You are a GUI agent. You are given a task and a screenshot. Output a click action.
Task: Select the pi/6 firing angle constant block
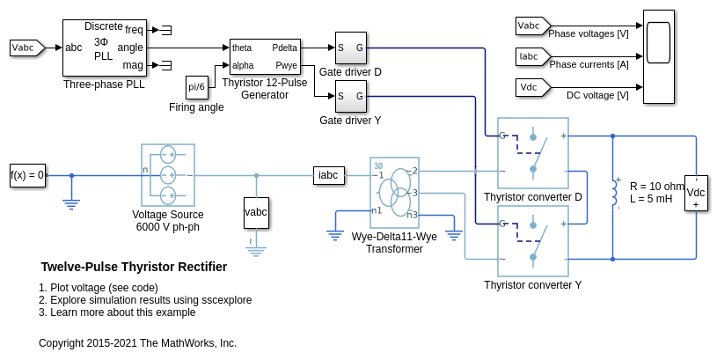[x=197, y=86]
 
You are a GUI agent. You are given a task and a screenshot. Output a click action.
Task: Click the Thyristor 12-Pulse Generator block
[x=265, y=57]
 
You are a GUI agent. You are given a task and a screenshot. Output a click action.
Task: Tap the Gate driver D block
[x=350, y=48]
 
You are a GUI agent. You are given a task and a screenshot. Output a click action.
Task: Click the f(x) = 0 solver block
[x=27, y=174]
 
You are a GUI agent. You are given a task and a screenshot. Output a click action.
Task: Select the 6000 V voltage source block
[x=167, y=175]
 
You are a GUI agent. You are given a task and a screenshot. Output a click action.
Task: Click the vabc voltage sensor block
[x=256, y=213]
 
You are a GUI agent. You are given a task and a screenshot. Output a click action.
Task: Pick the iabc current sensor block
[x=328, y=175]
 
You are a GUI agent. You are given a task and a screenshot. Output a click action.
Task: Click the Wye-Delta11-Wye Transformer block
[x=394, y=193]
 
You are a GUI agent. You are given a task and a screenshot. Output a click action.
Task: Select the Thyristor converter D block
[x=533, y=153]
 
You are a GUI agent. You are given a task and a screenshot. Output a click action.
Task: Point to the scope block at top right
[x=658, y=56]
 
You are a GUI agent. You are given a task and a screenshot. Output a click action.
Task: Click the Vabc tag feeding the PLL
[x=26, y=48]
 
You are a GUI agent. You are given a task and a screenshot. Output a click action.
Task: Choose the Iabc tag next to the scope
[x=531, y=56]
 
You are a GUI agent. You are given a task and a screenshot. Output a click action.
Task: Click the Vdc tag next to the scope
[x=531, y=87]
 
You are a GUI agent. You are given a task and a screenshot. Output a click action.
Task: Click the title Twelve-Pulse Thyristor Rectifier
[x=134, y=267]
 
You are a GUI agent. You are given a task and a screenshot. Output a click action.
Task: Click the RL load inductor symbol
[x=614, y=193]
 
